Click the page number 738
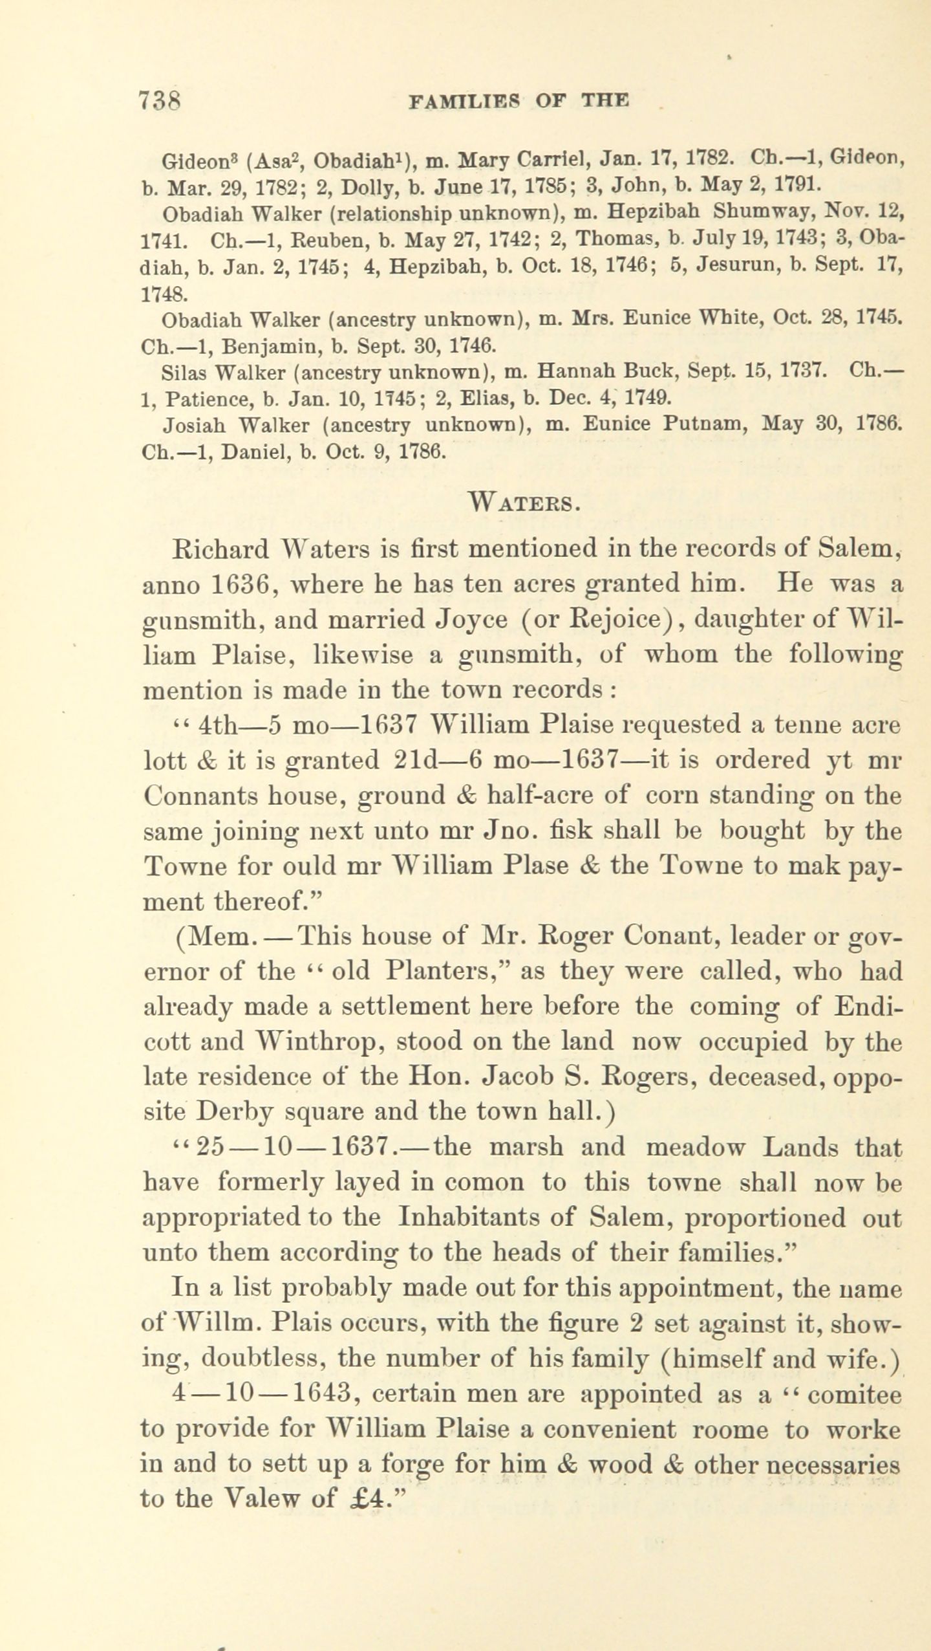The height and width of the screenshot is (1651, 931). pos(159,102)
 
